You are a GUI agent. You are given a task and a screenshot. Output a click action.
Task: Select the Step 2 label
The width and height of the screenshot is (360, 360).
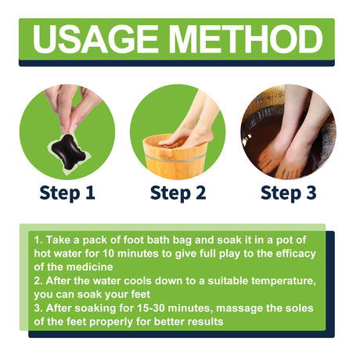coord(178,192)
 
